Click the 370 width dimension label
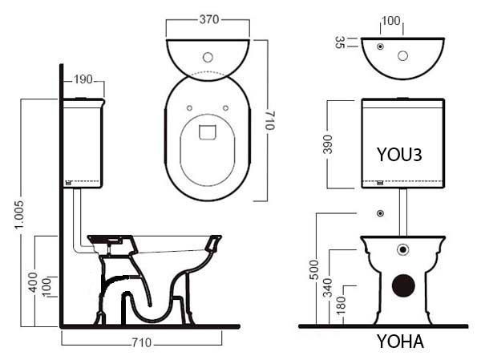209,19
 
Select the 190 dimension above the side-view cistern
83,79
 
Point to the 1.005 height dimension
19,215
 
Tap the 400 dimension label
33,282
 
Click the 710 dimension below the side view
142,342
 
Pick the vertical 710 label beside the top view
270,120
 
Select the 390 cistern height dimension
328,144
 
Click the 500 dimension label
314,269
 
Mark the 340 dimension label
328,288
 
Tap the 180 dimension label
342,305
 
